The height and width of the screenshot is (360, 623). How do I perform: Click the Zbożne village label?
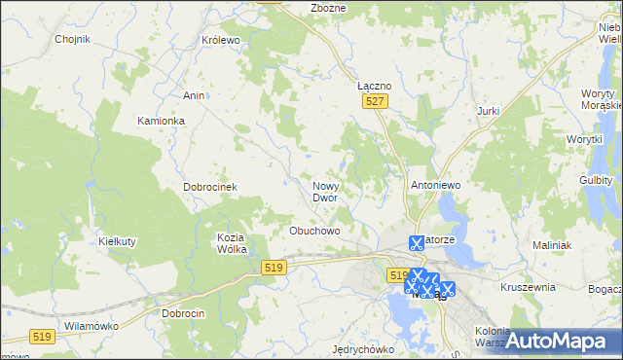coord(328,8)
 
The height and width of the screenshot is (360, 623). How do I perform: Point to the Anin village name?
coord(193,95)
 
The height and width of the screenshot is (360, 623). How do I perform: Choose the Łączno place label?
coord(375,86)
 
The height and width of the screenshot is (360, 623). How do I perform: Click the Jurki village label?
coord(489,111)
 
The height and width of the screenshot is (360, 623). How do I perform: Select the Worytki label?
coord(585,140)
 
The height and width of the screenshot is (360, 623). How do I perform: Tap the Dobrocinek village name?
coord(211,187)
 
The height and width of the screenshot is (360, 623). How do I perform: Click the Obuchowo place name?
coord(314,232)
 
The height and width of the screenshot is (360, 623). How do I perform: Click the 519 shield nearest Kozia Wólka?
coord(274,268)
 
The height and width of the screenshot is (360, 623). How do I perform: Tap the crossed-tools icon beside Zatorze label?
coord(417,243)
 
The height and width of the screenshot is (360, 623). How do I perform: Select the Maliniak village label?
coord(550,245)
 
